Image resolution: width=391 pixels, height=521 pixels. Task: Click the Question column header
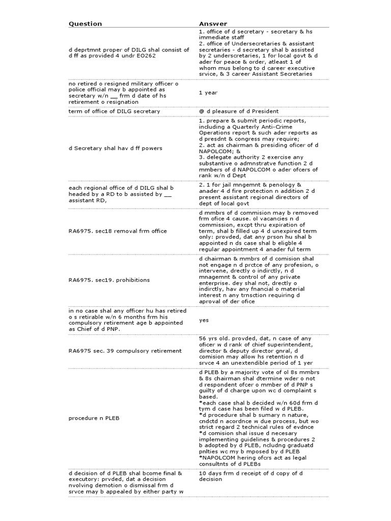pos(86,23)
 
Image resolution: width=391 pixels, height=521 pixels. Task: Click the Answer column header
pos(213,23)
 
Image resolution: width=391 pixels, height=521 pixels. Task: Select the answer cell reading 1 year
pos(208,92)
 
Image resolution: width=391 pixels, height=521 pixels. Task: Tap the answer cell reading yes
pos(204,320)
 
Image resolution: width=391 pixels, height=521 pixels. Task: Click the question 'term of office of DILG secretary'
pos(115,111)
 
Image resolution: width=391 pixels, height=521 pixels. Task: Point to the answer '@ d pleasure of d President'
pos(239,111)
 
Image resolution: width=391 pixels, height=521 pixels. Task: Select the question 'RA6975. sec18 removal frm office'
pos(118,230)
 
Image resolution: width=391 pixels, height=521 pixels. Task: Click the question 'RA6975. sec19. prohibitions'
pos(109,279)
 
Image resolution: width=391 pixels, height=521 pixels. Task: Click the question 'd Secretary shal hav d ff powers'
pos(116,148)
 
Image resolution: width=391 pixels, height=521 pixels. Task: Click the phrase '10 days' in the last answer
pos(210,473)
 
